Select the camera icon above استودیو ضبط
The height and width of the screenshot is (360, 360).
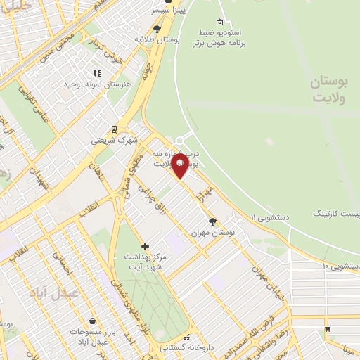pyautogui.click(x=219, y=22)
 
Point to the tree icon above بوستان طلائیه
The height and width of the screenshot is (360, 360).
pyautogui.click(x=156, y=30)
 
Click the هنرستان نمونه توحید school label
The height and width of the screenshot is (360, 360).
pyautogui.click(x=98, y=84)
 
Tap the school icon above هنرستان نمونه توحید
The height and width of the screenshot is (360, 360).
pyautogui.click(x=97, y=72)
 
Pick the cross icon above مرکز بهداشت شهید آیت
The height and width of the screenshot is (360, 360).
pyautogui.click(x=145, y=246)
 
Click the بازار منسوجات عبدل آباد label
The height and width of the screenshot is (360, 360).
pyautogui.click(x=92, y=336)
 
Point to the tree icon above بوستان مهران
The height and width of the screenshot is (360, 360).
pyautogui.click(x=212, y=221)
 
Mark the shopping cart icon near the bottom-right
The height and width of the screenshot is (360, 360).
pyautogui.click(x=328, y=329)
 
